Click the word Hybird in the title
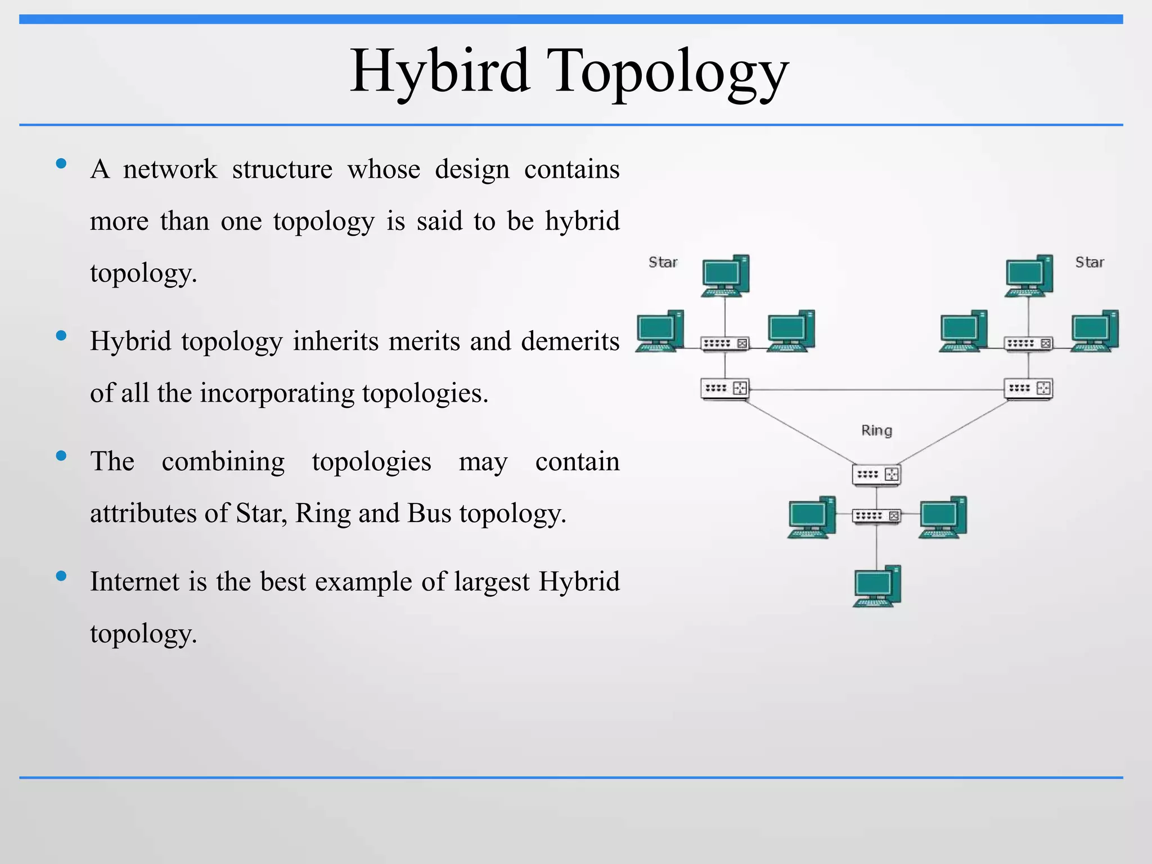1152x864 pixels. pos(439,71)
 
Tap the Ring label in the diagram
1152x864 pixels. pos(876,430)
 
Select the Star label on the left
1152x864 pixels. pos(663,262)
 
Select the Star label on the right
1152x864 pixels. pos(1090,262)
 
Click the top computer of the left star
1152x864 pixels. pos(726,275)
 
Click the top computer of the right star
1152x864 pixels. pos(1029,275)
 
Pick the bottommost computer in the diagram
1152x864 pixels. pos(877,586)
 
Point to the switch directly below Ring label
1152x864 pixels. pos(876,474)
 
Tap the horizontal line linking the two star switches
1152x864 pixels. pos(876,389)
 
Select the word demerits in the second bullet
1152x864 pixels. pos(570,341)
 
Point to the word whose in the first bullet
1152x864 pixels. pos(384,169)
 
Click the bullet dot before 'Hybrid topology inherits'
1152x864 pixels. pos(61,336)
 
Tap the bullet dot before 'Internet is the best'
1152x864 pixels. pos(61,575)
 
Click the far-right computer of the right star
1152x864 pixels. pos(1095,331)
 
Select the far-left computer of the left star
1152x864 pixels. pos(660,331)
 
